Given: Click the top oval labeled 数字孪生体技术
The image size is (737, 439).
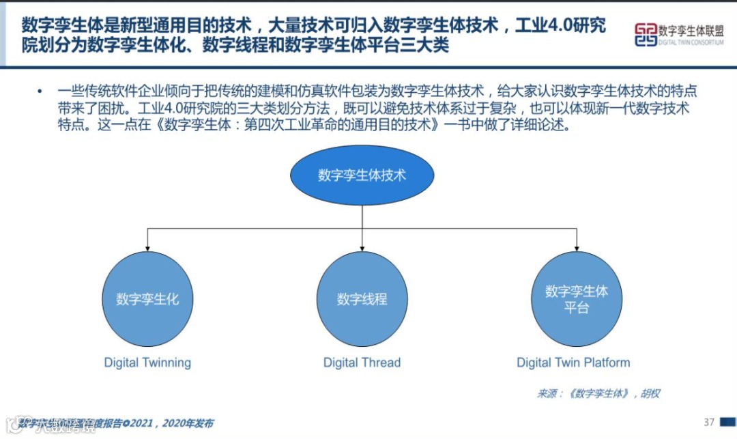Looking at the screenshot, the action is pyautogui.click(x=362, y=175).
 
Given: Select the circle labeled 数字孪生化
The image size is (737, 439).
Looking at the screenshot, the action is pyautogui.click(x=147, y=299).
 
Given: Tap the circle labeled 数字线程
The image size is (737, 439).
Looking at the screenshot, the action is pyautogui.click(x=362, y=299).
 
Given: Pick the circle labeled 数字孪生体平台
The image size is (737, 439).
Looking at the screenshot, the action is pyautogui.click(x=577, y=299).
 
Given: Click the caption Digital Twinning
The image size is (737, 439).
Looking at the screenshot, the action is pyautogui.click(x=147, y=363).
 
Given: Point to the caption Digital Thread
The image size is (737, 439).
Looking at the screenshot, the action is pyautogui.click(x=362, y=363).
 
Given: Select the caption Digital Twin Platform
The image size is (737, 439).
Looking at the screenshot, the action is pyautogui.click(x=573, y=363).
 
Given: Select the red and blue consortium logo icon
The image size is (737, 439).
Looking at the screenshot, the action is pyautogui.click(x=645, y=35).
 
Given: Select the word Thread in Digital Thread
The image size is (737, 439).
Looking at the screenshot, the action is pyautogui.click(x=381, y=363).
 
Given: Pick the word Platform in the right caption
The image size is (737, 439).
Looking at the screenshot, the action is pyautogui.click(x=607, y=363).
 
